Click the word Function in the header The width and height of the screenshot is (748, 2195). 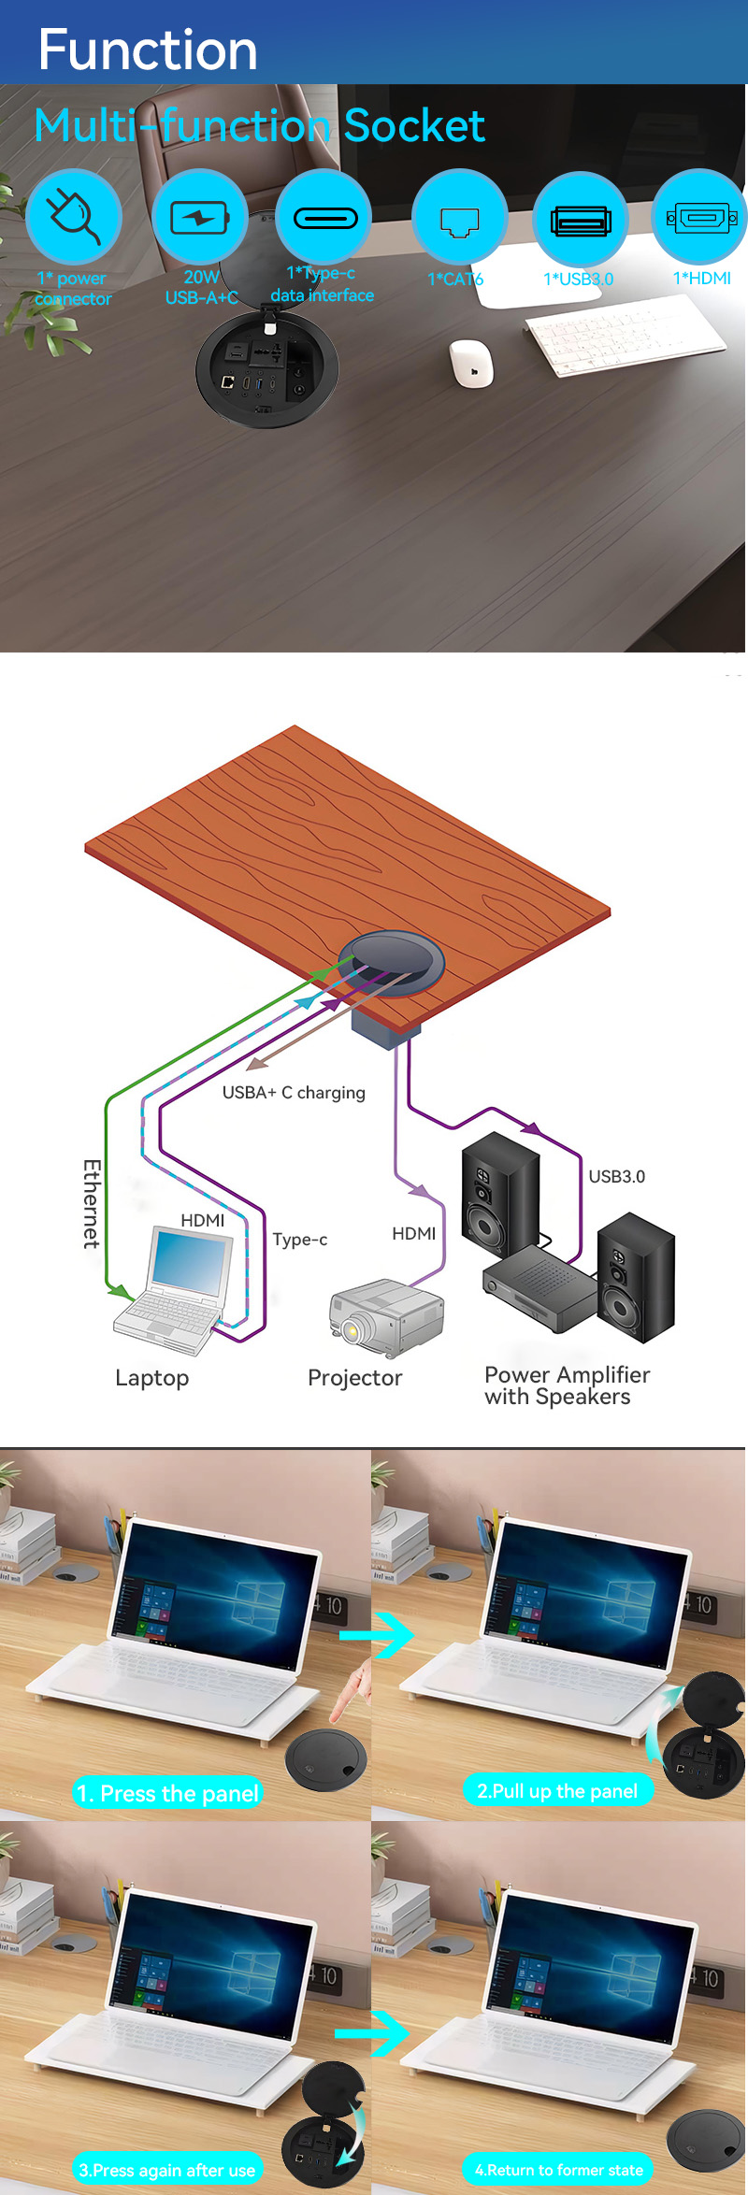[148, 50]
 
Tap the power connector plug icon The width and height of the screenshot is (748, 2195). [74, 216]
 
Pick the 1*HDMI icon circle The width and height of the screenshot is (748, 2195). [700, 218]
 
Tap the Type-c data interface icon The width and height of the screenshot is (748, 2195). [324, 217]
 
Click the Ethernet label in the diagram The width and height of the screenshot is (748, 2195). [92, 1204]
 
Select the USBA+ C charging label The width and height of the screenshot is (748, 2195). [294, 1093]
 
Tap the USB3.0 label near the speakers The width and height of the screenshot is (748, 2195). [617, 1177]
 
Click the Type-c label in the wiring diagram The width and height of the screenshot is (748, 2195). [300, 1240]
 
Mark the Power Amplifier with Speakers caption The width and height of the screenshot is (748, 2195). [567, 1385]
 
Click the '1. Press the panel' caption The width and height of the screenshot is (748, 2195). [167, 1793]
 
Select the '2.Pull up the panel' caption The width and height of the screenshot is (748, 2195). [558, 1791]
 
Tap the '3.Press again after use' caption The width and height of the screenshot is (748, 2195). [167, 2170]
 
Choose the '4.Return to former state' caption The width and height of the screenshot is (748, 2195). [558, 2170]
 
